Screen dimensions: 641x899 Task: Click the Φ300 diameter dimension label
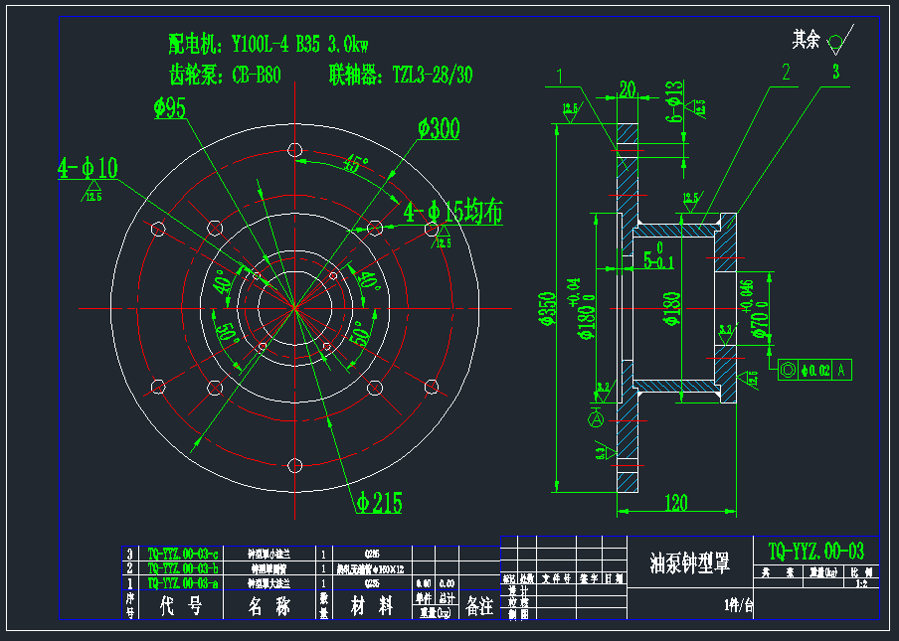click(x=439, y=129)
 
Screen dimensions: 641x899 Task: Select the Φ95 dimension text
click(x=170, y=109)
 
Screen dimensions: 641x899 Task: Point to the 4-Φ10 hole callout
click(x=88, y=169)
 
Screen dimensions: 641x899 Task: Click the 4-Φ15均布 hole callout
click(x=452, y=212)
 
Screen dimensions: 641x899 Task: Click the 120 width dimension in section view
click(x=675, y=503)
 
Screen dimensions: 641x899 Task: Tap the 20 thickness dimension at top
click(x=628, y=88)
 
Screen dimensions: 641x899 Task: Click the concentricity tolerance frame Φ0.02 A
click(x=816, y=371)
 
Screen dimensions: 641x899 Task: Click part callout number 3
click(x=835, y=72)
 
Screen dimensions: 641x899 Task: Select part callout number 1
click(x=561, y=74)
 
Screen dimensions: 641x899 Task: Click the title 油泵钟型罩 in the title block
click(x=689, y=563)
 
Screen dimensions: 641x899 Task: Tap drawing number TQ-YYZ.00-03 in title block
click(x=816, y=550)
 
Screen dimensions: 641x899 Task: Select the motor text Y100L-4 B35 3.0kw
click(x=300, y=44)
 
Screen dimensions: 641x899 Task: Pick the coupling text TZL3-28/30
click(x=433, y=75)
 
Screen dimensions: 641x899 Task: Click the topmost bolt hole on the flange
click(x=295, y=150)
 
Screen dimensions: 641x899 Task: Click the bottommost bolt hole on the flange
click(x=295, y=464)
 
